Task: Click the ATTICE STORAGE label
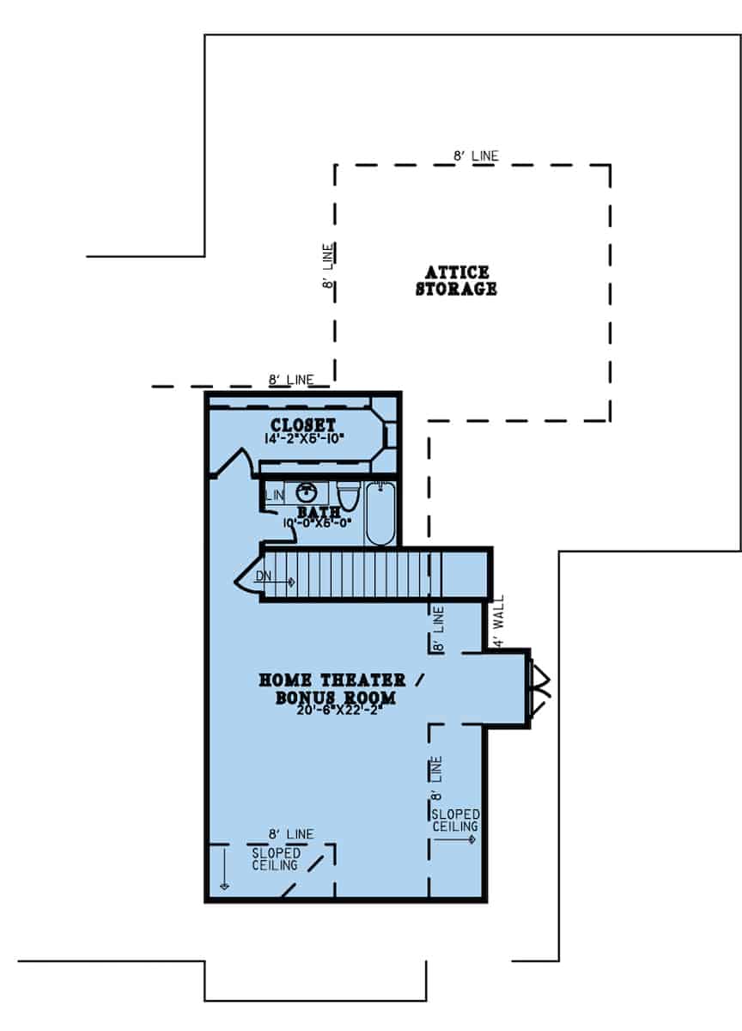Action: [456, 281]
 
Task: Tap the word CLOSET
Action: [302, 425]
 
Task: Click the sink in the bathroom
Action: [307, 493]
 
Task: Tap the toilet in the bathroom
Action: [348, 496]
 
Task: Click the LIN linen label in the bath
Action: [275, 496]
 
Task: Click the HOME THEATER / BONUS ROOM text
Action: [343, 688]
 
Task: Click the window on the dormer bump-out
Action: [542, 686]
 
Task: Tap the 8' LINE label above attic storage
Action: [475, 156]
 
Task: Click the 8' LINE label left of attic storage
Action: [328, 268]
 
